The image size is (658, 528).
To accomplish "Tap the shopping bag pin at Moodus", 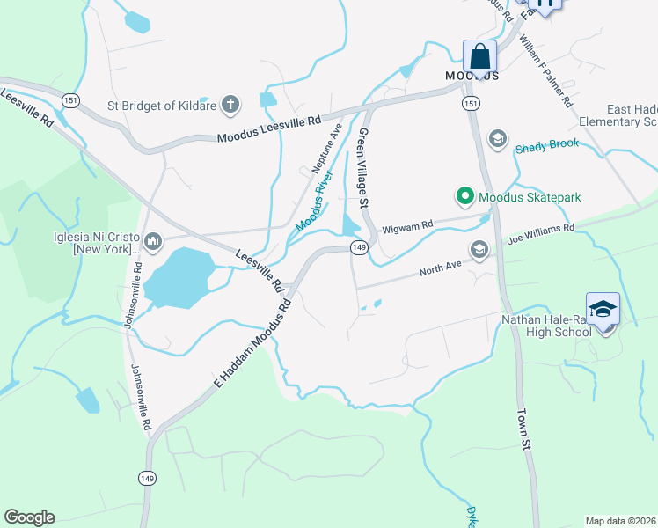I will [480, 56].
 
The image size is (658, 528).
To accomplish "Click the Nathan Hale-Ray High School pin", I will [603, 310].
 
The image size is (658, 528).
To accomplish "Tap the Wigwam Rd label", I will [413, 226].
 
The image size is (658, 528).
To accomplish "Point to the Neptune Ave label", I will [325, 148].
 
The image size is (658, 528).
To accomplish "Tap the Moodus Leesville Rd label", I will [269, 129].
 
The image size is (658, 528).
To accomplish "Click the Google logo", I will [29, 517].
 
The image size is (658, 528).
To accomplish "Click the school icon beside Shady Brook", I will [497, 138].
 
